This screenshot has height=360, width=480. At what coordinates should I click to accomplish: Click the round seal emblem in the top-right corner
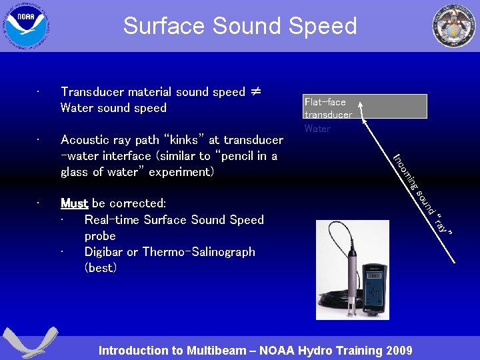pos(454,26)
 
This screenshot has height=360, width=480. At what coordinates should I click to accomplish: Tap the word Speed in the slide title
pos(326,26)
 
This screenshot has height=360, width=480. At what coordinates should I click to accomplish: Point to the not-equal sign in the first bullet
pos(256,92)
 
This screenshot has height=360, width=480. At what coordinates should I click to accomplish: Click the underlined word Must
pos(74,203)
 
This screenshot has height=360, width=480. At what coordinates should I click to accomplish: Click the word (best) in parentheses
pos(101,268)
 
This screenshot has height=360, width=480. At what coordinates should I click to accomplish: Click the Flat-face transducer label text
pos(328,108)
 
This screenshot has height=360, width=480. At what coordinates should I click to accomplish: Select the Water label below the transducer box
pos(317,129)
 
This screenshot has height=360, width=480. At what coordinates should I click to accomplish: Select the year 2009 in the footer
pos(398,351)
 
